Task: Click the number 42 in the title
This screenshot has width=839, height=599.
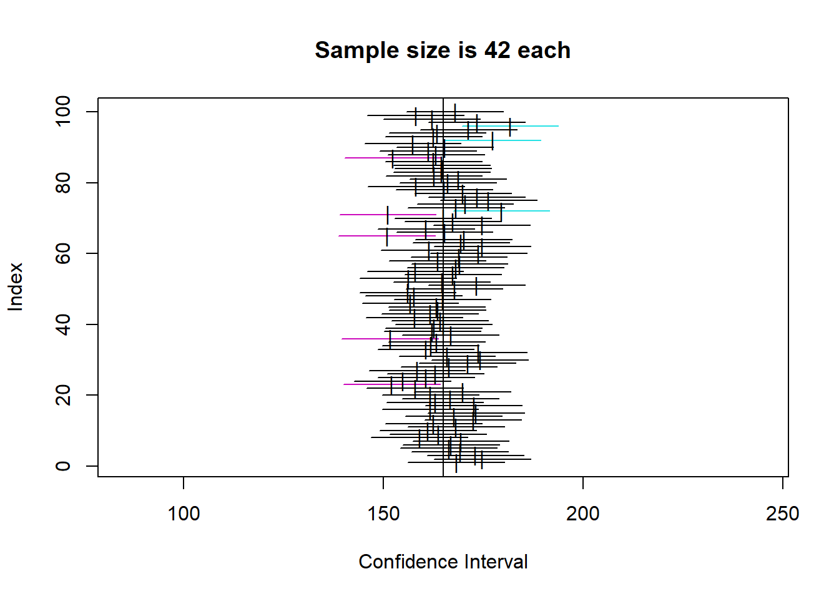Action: (x=497, y=51)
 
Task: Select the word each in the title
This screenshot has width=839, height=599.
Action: (x=544, y=51)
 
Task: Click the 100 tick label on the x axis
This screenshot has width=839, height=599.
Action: (x=184, y=514)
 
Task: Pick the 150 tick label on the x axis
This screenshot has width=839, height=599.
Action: (x=383, y=514)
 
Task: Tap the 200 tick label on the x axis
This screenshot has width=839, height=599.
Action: (x=582, y=514)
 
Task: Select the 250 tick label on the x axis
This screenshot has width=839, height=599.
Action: (x=782, y=514)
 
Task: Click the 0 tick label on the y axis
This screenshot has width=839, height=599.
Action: (x=63, y=466)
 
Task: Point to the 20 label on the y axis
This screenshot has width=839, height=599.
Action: (x=63, y=395)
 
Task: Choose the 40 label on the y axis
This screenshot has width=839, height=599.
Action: (x=63, y=324)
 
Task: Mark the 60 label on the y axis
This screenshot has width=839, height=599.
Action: (x=63, y=253)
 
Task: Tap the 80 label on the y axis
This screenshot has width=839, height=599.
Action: (x=63, y=183)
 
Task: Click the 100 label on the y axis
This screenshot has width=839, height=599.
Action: (x=63, y=112)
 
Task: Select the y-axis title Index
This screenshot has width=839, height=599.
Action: (x=16, y=286)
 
